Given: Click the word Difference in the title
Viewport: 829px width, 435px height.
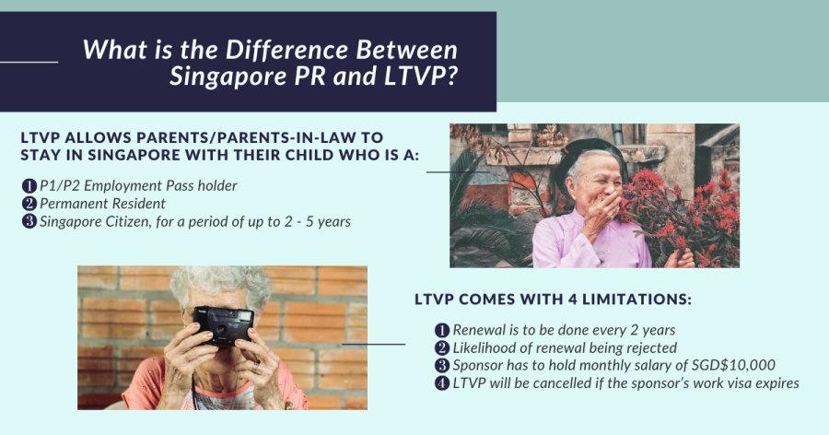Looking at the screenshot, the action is click(286, 50).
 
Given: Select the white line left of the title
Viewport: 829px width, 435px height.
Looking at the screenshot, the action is click(29, 62).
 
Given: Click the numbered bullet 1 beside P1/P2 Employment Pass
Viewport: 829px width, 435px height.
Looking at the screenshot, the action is click(29, 186).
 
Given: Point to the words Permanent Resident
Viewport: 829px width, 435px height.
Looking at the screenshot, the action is click(102, 204).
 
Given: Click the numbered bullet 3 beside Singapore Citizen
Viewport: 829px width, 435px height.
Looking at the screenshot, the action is click(29, 221).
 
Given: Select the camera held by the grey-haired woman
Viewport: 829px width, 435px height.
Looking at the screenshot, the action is click(223, 325).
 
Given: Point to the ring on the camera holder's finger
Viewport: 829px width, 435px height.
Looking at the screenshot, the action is click(255, 366).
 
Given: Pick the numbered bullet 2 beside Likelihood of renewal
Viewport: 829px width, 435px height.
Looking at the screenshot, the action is click(442, 348).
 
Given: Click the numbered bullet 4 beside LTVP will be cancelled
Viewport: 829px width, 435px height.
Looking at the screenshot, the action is click(442, 383).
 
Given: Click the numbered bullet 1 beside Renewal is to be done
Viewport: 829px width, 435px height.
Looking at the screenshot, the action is click(442, 330).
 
